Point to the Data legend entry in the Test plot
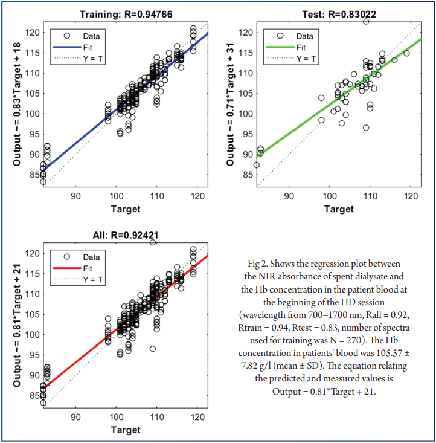click(x=304, y=36)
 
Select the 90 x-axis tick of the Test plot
click(x=289, y=196)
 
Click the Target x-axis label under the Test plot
click(x=339, y=209)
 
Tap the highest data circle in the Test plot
click(x=366, y=21)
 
